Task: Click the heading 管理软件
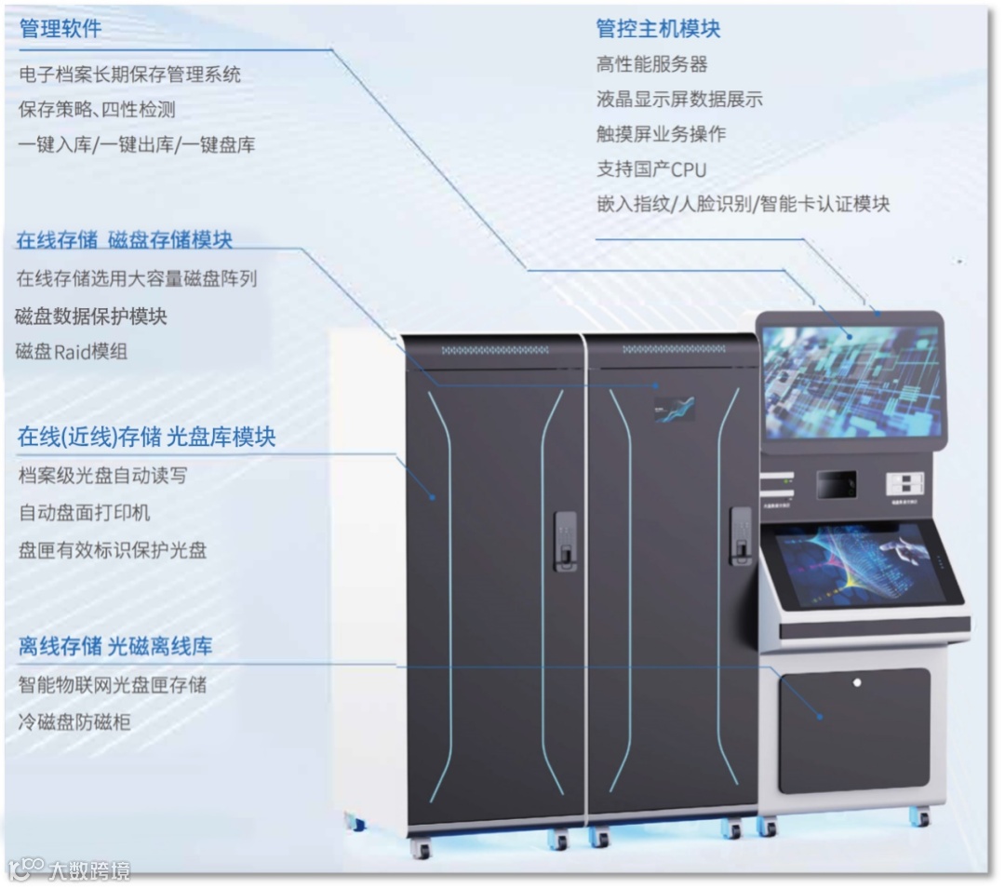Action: [60, 29]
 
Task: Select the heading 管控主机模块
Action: [658, 29]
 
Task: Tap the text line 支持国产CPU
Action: [650, 169]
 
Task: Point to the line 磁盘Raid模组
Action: [72, 352]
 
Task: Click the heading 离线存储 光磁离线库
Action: [115, 647]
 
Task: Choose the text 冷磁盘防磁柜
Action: [74, 721]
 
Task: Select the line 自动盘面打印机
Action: [84, 512]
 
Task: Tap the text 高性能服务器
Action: [651, 64]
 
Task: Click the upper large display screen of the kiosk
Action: [850, 381]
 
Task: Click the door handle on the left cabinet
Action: [565, 540]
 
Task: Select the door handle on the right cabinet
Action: [741, 536]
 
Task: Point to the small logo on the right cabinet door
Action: [674, 409]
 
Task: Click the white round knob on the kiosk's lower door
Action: [857, 682]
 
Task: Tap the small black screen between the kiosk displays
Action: [836, 483]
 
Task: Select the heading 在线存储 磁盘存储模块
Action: [124, 240]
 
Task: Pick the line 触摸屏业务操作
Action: [661, 134]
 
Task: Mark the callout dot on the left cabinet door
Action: [433, 497]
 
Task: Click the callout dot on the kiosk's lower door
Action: [820, 716]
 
